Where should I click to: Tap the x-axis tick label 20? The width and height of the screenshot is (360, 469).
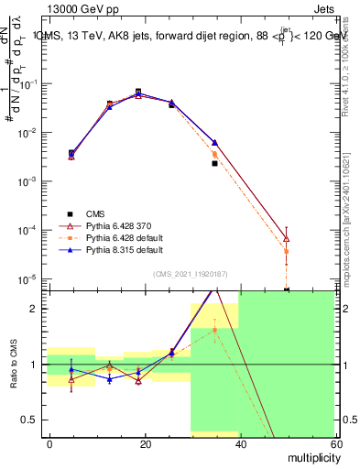[145, 442]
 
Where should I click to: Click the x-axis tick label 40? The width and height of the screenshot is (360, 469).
[239, 442]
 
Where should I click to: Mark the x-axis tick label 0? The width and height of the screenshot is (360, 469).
[50, 442]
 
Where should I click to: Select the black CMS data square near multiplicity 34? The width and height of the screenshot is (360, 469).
[214, 163]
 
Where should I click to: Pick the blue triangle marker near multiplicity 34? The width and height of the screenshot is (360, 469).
[214, 143]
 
